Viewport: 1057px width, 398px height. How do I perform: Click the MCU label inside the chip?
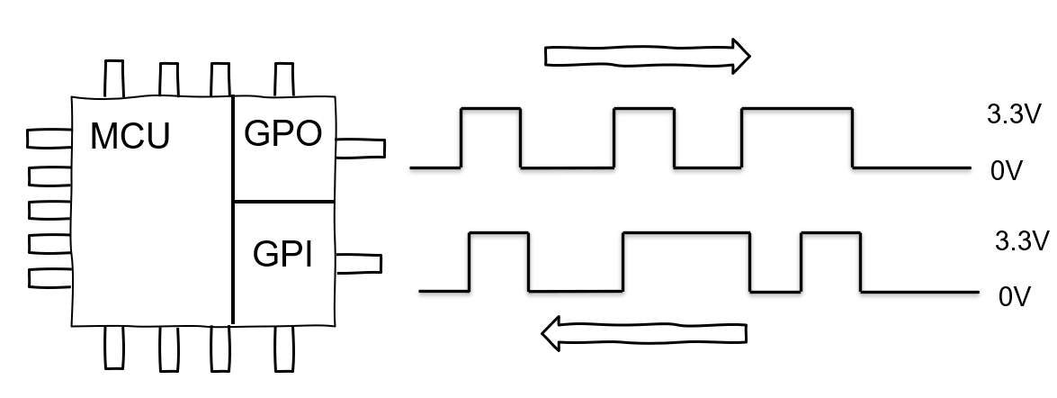pyautogui.click(x=130, y=138)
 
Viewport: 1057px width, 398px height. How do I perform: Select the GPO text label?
pyautogui.click(x=282, y=135)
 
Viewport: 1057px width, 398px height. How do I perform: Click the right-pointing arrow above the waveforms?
pyautogui.click(x=647, y=56)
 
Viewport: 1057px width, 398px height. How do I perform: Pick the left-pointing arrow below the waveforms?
pyautogui.click(x=644, y=333)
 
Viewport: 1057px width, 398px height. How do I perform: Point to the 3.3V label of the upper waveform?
pyautogui.click(x=1013, y=115)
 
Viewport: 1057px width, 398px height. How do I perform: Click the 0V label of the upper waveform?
pyautogui.click(x=1006, y=170)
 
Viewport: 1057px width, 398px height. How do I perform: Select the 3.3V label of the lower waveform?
pyautogui.click(x=1021, y=241)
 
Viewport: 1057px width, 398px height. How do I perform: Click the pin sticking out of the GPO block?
pyautogui.click(x=360, y=147)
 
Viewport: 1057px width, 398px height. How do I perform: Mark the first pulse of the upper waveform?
pyautogui.click(x=490, y=137)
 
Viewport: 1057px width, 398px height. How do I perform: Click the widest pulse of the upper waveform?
pyautogui.click(x=796, y=137)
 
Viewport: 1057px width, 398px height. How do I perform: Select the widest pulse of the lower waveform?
pyautogui.click(x=685, y=261)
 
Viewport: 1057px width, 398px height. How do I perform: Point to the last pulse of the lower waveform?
pyautogui.click(x=831, y=261)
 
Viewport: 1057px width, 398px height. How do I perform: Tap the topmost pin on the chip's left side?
pyautogui.click(x=49, y=139)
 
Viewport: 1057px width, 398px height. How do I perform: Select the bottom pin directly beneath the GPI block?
pyautogui.click(x=282, y=347)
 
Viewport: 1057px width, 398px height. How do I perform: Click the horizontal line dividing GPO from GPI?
pyautogui.click(x=283, y=202)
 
